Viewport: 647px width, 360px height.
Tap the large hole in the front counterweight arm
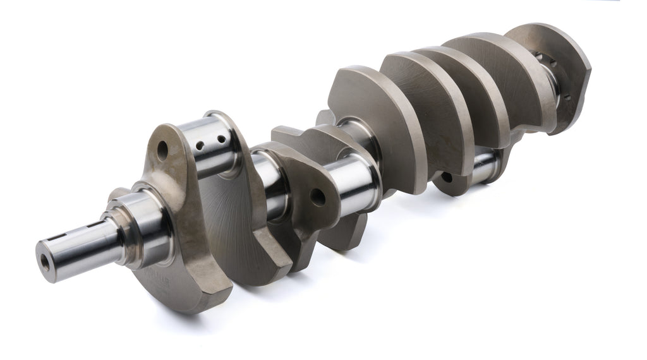[162, 149]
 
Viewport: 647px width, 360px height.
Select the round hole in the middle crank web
[318, 196]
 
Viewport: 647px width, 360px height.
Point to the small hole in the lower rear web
[447, 177]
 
